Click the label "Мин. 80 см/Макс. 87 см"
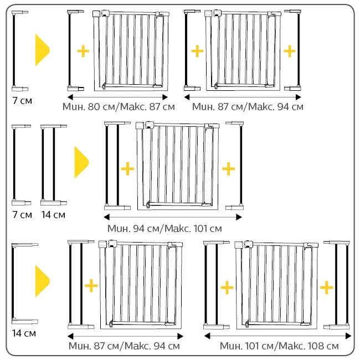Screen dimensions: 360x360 point(119,107)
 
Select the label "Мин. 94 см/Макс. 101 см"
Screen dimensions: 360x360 point(164,228)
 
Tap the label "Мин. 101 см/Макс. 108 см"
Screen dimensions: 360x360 point(279,346)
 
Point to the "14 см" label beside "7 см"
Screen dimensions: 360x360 point(53,215)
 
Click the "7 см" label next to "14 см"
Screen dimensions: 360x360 point(22,215)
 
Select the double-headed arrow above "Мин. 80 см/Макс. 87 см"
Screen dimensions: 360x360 point(117,97)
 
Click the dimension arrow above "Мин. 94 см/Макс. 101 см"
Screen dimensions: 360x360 point(173,217)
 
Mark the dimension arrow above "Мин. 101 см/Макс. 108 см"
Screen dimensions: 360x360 point(277,336)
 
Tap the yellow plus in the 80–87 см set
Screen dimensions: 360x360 point(83,51)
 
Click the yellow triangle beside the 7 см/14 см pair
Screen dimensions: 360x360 point(81,162)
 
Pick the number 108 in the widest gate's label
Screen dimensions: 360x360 point(315,346)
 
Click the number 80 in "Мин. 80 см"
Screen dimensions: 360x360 point(94,107)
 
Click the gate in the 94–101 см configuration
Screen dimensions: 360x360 point(177,166)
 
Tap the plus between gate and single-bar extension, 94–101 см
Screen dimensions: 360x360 point(228,169)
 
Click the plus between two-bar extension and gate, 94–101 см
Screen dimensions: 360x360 point(127,169)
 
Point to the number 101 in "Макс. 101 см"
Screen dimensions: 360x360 point(200,228)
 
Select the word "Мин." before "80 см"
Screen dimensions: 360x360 point(74,107)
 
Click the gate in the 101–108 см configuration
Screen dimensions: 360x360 point(276,285)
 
